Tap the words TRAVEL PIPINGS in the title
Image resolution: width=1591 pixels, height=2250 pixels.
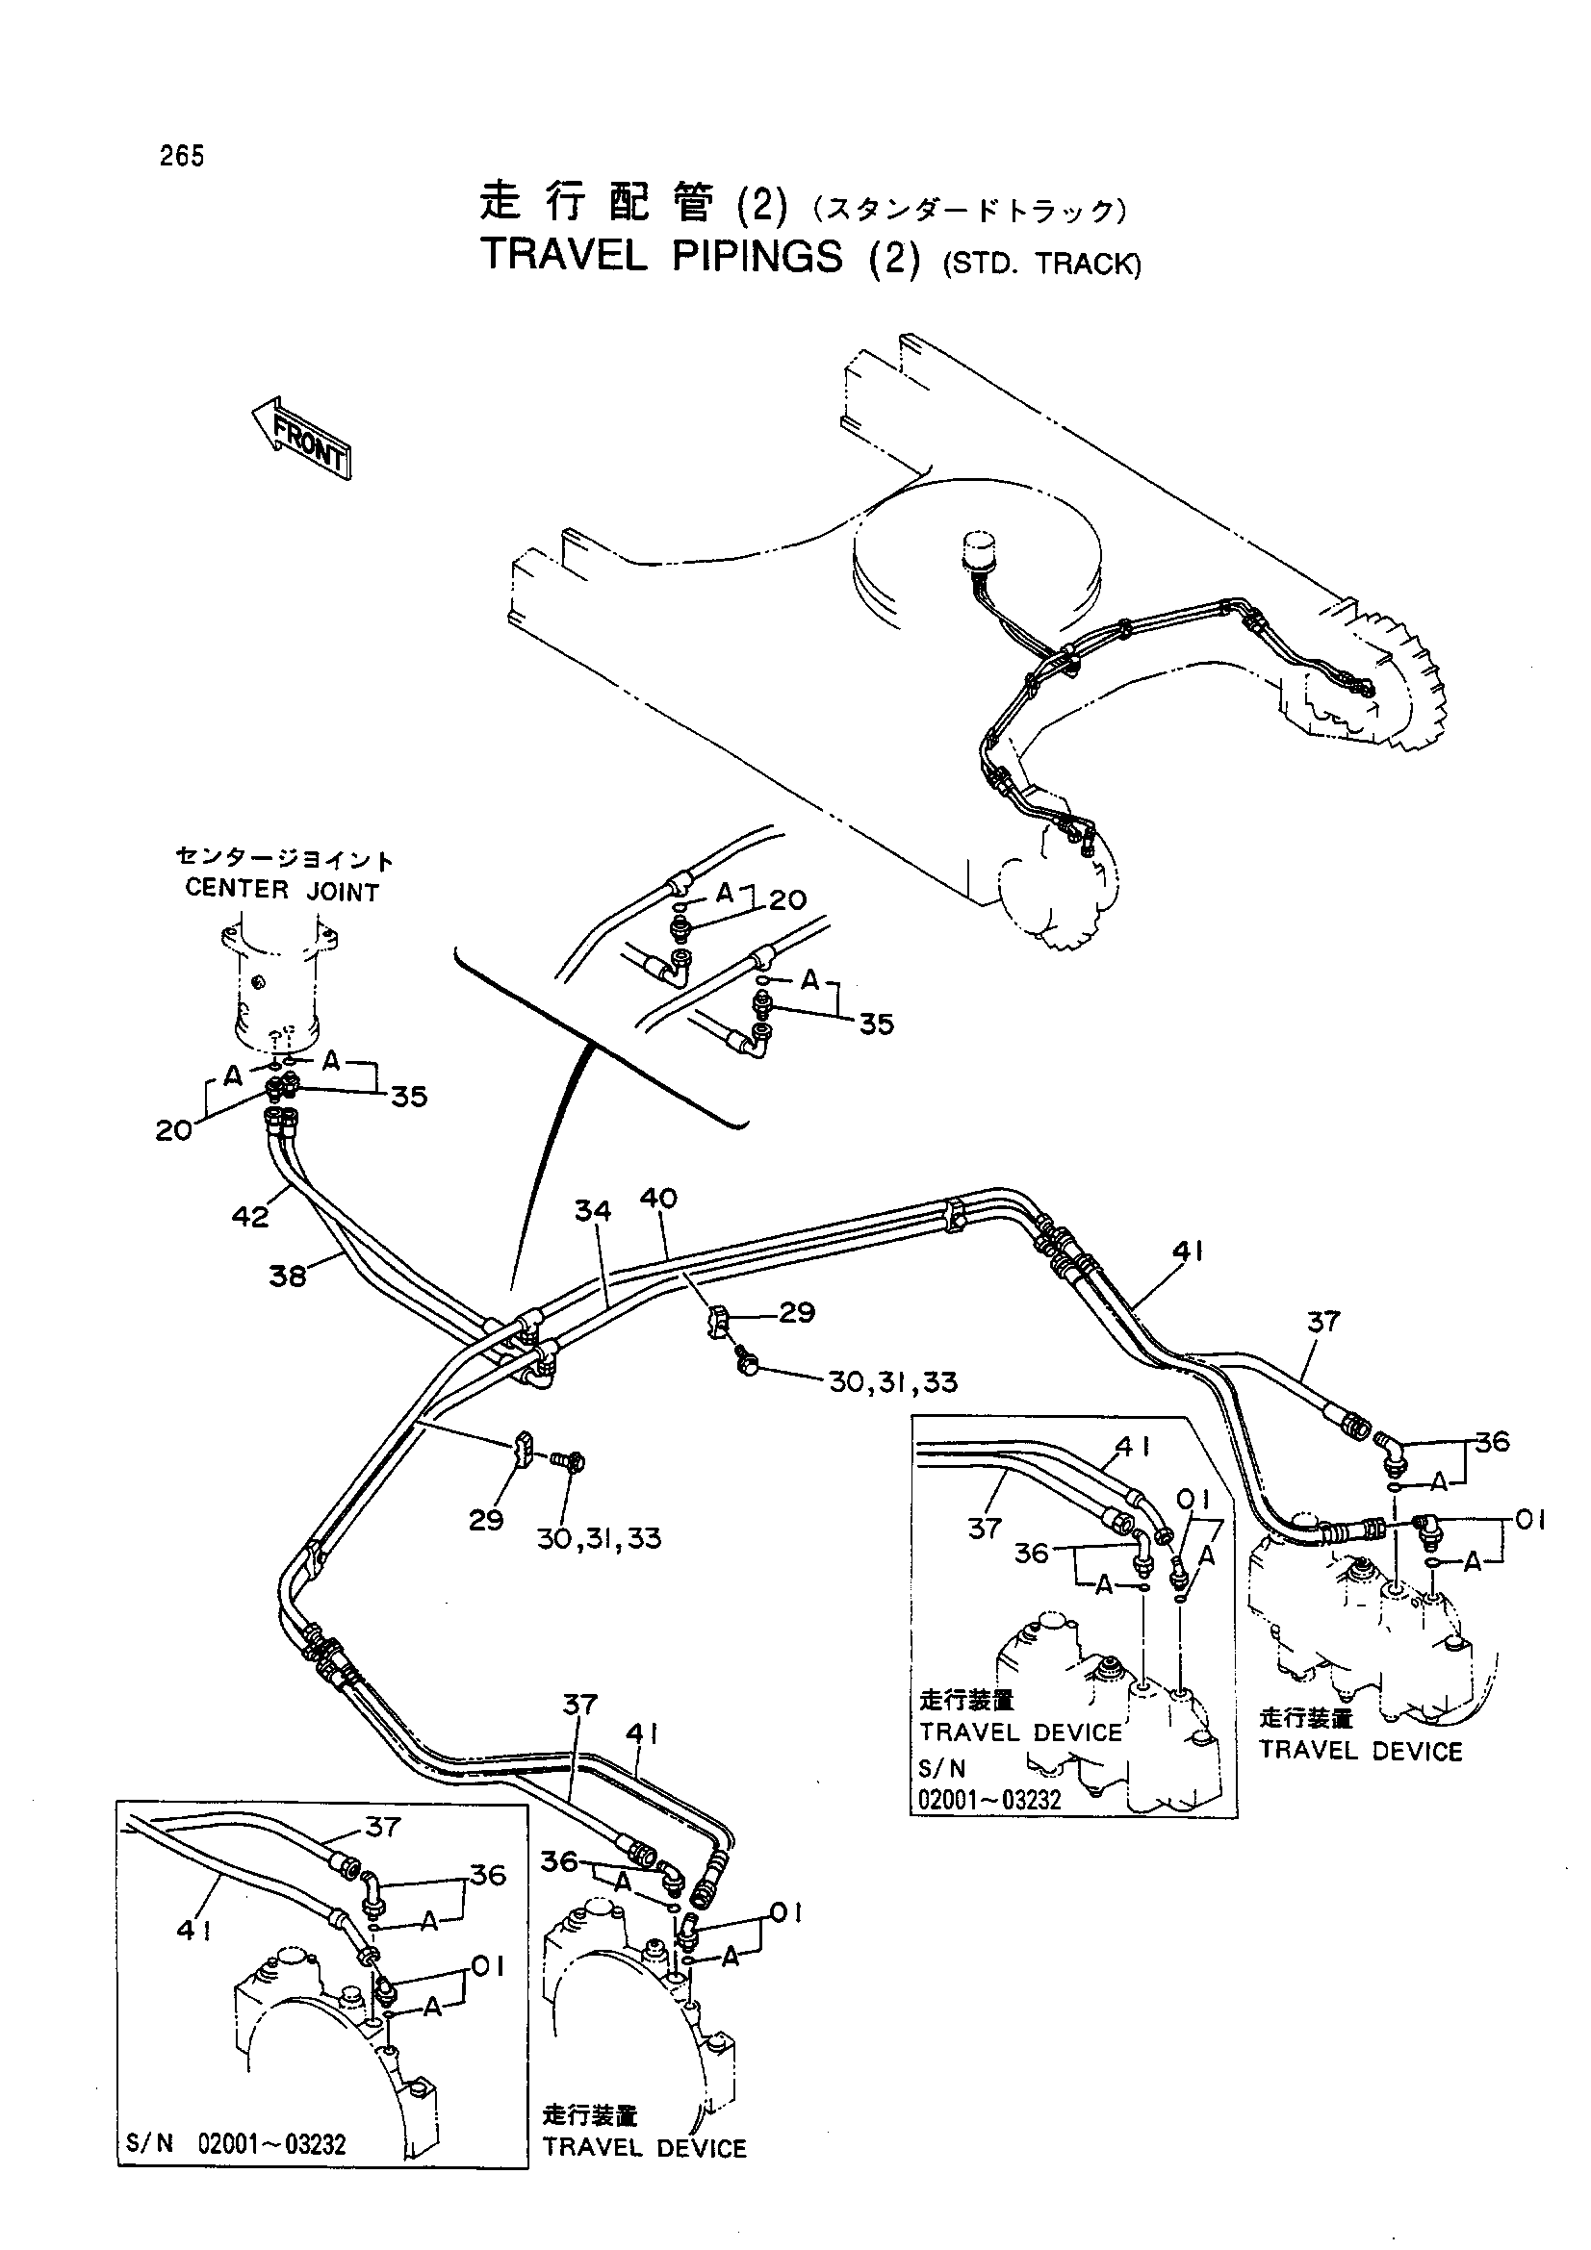pyautogui.click(x=661, y=257)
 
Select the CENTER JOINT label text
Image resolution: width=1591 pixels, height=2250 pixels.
pyautogui.click(x=282, y=892)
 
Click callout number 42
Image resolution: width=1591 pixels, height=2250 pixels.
pyautogui.click(x=250, y=1216)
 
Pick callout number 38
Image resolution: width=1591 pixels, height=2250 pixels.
pyautogui.click(x=287, y=1276)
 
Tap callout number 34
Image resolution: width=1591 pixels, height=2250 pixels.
pyautogui.click(x=592, y=1211)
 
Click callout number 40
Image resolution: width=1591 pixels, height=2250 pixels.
pyautogui.click(x=657, y=1198)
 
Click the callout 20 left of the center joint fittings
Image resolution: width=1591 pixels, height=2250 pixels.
pyautogui.click(x=173, y=1131)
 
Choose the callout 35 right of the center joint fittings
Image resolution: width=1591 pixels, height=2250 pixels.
pyautogui.click(x=409, y=1097)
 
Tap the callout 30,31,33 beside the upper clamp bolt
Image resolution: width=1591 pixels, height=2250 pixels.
pyautogui.click(x=892, y=1382)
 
